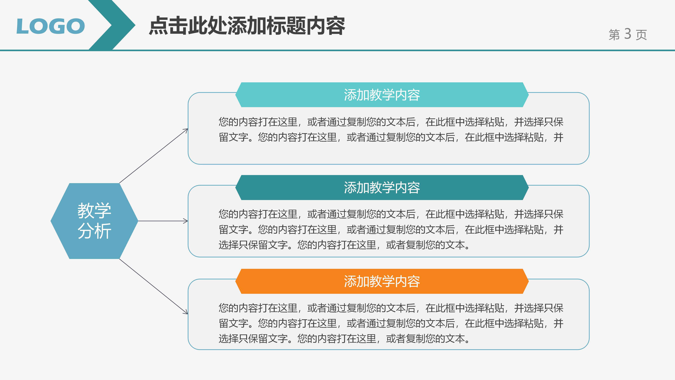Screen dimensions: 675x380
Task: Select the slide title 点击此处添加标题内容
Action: tap(247, 26)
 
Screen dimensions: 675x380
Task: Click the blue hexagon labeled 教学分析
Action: tap(94, 221)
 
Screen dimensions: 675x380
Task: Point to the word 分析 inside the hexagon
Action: tap(94, 231)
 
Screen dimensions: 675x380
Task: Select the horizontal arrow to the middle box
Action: tap(163, 221)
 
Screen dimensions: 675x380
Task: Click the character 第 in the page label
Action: tap(614, 35)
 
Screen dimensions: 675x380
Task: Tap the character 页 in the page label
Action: tap(641, 35)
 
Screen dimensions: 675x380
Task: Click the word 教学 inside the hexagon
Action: tap(94, 211)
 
